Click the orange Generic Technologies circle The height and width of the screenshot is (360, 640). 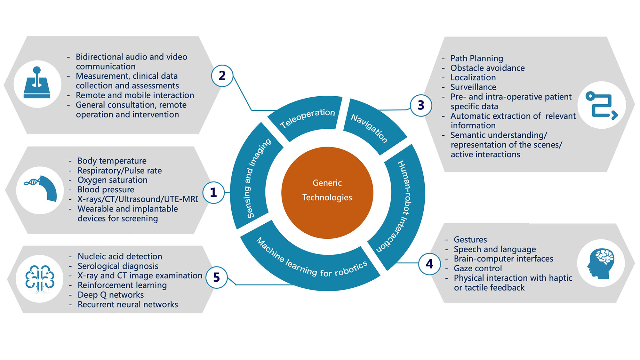(327, 193)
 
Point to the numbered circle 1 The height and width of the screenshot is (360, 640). (213, 192)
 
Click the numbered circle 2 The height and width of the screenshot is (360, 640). (222, 76)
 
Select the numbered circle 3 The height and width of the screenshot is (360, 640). (421, 105)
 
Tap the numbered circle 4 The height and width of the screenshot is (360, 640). (429, 264)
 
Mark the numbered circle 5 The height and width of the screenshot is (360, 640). (216, 277)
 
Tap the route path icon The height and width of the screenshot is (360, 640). (602, 105)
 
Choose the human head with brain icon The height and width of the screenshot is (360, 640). (600, 263)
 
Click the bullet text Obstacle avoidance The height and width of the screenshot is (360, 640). (487, 68)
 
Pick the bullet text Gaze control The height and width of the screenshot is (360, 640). (478, 268)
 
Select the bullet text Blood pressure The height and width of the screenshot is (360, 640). (106, 190)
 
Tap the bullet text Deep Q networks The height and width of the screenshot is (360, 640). (111, 295)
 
